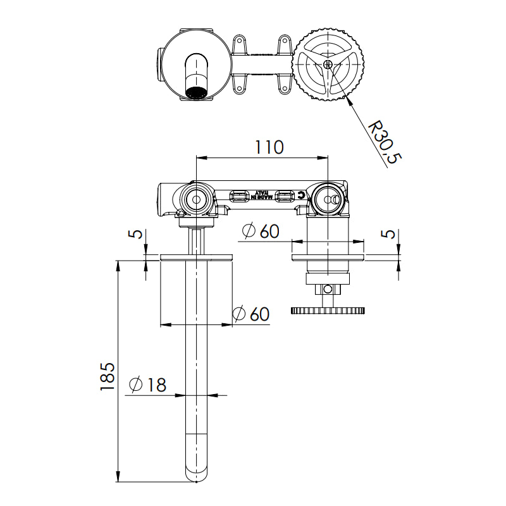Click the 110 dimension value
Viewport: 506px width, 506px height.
pos(269,147)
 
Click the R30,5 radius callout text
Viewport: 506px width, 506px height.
pos(385,143)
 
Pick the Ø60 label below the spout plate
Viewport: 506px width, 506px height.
pos(251,314)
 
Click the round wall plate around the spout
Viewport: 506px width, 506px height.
pos(197,257)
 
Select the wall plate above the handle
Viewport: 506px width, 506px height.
pos(328,257)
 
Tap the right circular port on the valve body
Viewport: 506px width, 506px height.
pos(328,199)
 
